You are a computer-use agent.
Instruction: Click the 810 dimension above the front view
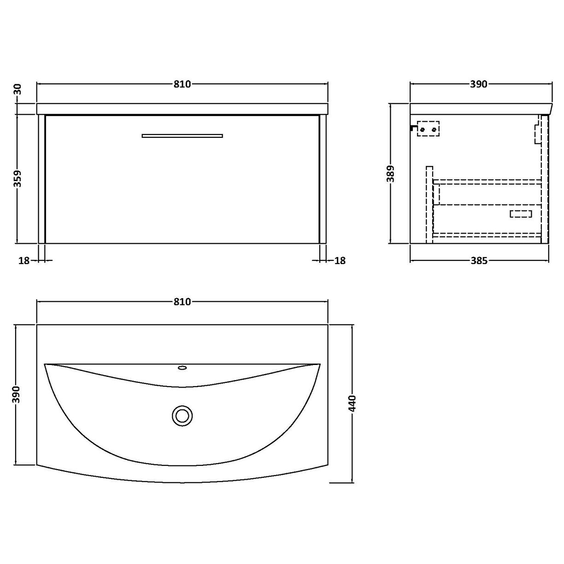(x=182, y=84)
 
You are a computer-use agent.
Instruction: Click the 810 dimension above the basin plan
(x=182, y=302)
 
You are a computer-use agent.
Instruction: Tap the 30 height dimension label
(x=18, y=89)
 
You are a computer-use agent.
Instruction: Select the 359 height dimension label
(x=18, y=179)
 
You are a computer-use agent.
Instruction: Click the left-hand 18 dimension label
(x=24, y=261)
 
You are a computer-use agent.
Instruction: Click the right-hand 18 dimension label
(x=339, y=261)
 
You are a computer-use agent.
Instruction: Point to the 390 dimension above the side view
(x=479, y=84)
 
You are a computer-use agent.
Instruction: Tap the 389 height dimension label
(x=391, y=174)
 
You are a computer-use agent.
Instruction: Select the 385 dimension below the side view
(x=479, y=261)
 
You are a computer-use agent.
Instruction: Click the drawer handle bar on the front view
(x=182, y=135)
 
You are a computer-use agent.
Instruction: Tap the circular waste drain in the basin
(x=182, y=416)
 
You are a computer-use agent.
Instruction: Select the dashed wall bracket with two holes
(x=428, y=129)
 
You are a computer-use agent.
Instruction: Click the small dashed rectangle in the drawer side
(x=521, y=213)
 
